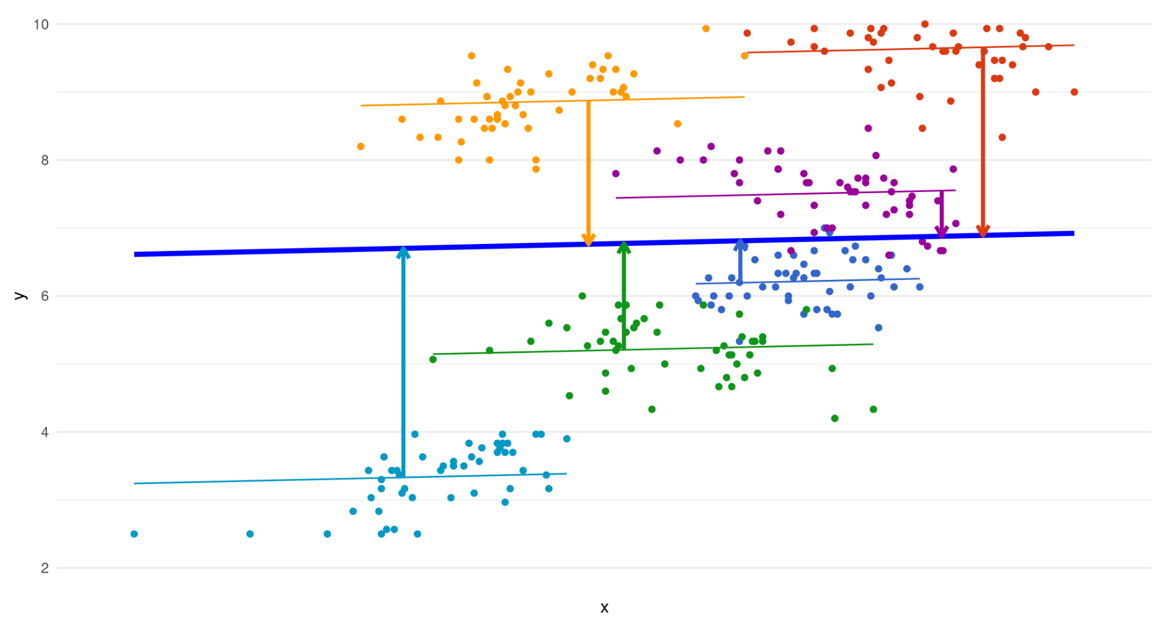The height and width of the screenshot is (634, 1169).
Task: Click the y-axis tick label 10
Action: pos(41,24)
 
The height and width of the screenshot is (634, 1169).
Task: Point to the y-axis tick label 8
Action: pos(45,161)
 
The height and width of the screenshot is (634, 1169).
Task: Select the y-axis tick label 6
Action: pos(45,296)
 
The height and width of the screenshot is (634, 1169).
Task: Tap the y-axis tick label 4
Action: pos(45,432)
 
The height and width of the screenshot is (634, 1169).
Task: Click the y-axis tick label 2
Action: pos(45,568)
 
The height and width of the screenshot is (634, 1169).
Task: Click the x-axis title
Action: pos(604,608)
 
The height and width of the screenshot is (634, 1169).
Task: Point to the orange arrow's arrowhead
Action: pos(589,241)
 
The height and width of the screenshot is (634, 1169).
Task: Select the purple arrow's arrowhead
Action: pos(942,233)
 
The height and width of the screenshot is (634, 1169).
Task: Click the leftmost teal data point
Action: pos(134,534)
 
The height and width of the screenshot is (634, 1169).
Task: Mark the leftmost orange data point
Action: pos(361,147)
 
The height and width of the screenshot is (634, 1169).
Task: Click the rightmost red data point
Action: pos(1075,92)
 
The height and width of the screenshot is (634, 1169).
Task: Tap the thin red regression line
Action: pos(869,50)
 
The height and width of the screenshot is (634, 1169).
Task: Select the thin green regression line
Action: pos(753,347)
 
